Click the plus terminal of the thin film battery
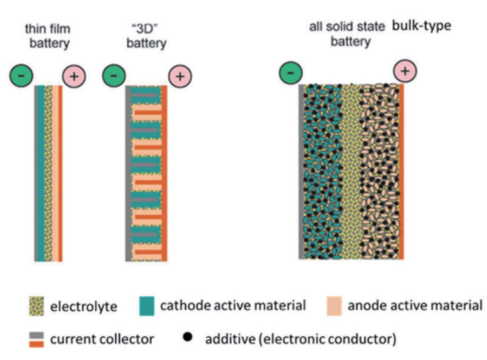pyautogui.click(x=74, y=77)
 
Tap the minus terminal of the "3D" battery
pyautogui.click(x=114, y=76)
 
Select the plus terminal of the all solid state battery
pyautogui.click(x=404, y=72)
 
